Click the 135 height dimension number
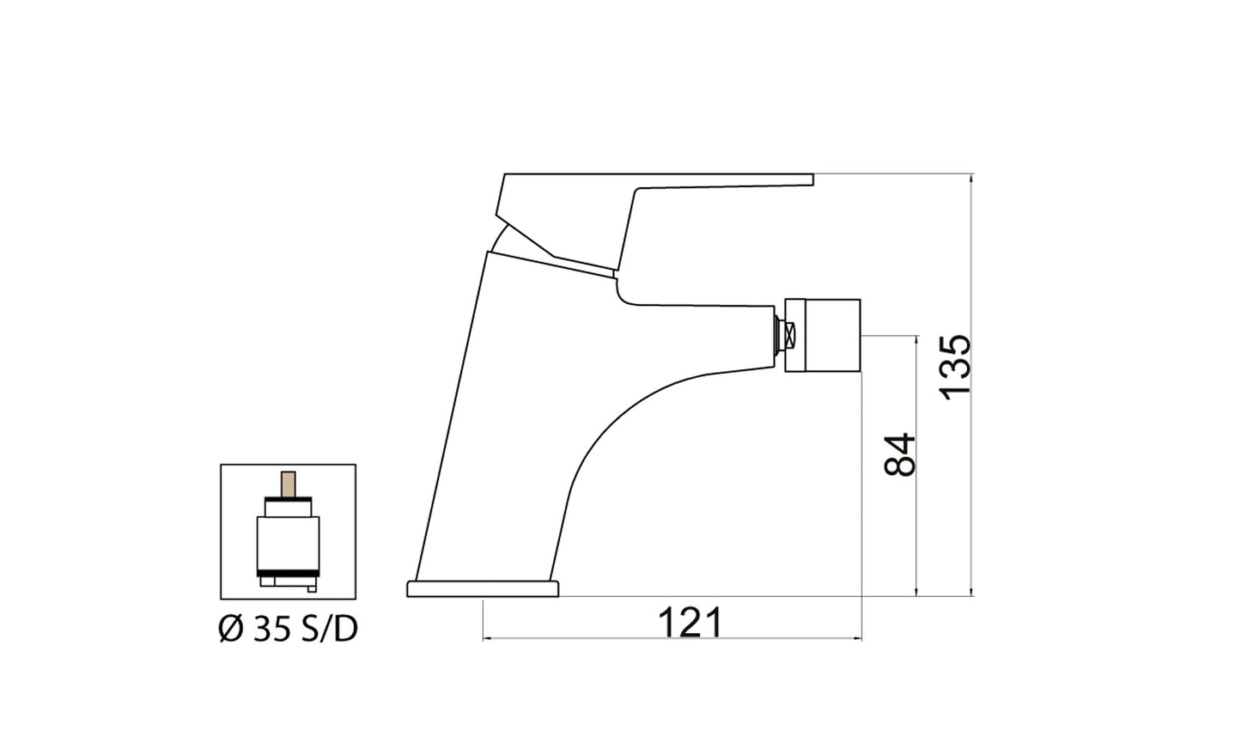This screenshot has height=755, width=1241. [955, 365]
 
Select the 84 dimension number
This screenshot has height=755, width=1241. [900, 454]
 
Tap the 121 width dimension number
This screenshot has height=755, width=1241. [690, 622]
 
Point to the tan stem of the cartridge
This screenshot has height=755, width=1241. [289, 484]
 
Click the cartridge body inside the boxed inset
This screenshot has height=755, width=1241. [289, 541]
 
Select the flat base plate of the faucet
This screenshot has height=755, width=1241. [483, 588]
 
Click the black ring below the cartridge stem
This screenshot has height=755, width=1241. [289, 500]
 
